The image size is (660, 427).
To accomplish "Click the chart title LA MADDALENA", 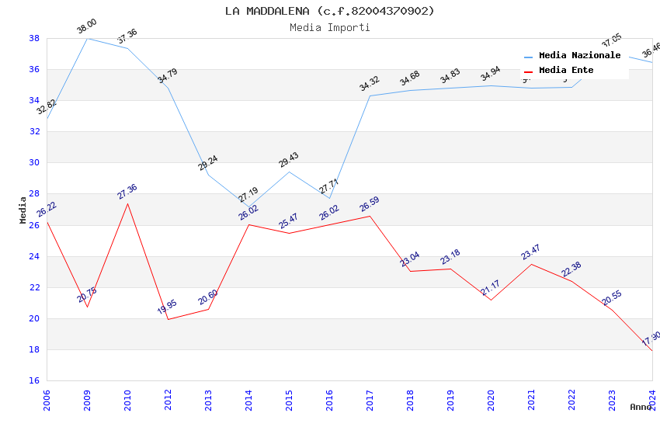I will [x=329, y=11].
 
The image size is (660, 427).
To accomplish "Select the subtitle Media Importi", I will [x=329, y=27].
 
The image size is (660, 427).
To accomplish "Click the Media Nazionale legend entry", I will [x=579, y=56].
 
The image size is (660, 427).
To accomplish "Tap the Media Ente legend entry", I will [x=566, y=71].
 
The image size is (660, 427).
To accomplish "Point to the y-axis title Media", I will [x=23, y=210].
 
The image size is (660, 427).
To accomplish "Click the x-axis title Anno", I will [x=641, y=407].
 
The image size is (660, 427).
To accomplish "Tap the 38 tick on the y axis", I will [x=34, y=38].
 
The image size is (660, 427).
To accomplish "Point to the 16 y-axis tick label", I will [x=34, y=380].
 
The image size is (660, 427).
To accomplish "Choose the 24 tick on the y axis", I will [x=34, y=256].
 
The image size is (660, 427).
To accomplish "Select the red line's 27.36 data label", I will [x=127, y=192].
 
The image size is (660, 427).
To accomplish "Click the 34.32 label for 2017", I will [x=369, y=84].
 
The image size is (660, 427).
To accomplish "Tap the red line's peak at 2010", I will [x=127, y=203].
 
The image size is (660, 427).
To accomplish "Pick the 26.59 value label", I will [x=369, y=204].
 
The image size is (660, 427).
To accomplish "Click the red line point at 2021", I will [x=531, y=264].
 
